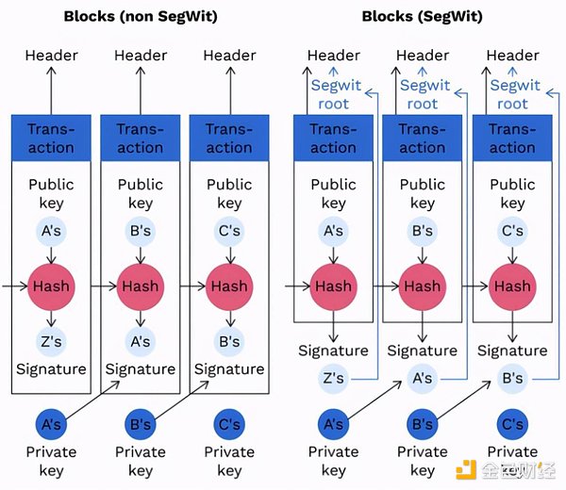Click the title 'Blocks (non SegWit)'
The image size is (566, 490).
pos(140,16)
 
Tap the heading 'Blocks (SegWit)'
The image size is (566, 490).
pos(423,16)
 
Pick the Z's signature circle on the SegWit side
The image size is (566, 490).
pos(333,378)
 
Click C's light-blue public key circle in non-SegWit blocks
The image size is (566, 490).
pos(229,231)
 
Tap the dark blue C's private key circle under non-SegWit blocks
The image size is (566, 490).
pos(229,424)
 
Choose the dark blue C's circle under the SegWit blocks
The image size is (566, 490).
pos(512,424)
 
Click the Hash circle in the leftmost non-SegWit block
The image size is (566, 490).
pos(51,286)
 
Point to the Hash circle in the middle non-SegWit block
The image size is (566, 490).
pos(140,286)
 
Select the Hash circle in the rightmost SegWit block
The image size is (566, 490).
pos(512,286)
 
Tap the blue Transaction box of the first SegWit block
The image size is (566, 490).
pos(333,138)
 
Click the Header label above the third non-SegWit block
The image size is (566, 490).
pos(229,56)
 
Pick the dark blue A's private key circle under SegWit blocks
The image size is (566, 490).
pos(333,424)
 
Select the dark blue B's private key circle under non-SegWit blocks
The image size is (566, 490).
pos(140,424)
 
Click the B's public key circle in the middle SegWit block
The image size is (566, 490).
pos(423,231)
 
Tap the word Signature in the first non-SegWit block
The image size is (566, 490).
pos(51,369)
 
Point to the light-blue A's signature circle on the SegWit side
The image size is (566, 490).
pos(423,378)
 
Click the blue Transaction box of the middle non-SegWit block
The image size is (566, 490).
pos(140,138)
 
